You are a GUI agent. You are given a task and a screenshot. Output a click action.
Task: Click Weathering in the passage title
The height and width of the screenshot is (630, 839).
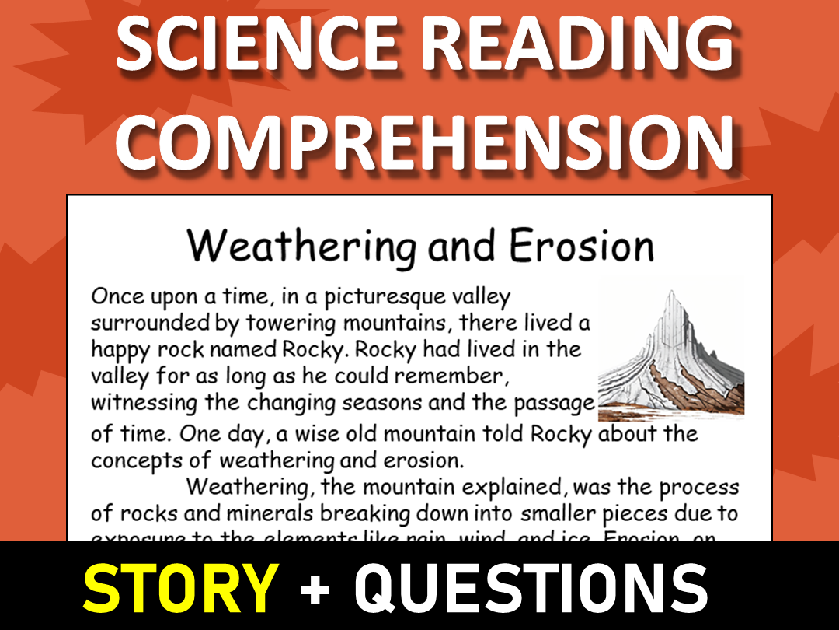click(302, 247)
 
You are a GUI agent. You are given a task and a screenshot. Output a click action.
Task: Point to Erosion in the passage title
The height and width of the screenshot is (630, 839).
click(582, 247)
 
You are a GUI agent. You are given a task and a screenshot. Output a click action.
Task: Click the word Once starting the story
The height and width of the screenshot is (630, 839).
click(116, 296)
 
